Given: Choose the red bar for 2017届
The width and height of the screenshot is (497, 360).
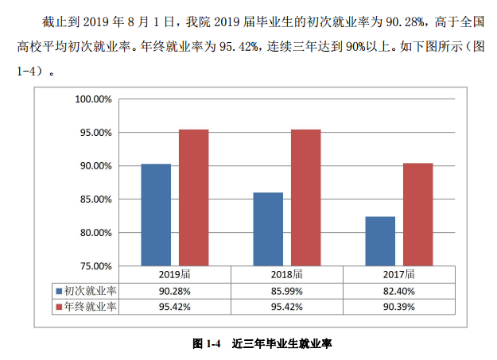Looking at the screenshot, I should (417, 214).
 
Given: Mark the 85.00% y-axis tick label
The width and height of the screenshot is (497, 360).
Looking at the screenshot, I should (95, 199).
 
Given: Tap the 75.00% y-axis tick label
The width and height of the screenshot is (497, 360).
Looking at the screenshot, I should (95, 266).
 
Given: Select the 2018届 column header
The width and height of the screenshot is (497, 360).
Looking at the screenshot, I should (286, 274).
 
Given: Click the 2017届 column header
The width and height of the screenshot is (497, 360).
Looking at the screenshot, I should (398, 274).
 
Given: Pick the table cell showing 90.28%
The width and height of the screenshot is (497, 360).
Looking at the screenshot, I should (174, 291).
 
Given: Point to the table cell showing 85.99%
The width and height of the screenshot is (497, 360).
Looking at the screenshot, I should (286, 291).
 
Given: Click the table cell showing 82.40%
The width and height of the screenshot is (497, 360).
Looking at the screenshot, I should (398, 291).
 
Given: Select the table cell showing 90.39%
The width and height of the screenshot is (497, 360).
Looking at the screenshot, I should (398, 307).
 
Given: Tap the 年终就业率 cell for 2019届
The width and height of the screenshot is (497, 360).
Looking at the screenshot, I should (174, 307).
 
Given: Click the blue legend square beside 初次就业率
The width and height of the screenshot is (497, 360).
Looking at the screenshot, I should (58, 291).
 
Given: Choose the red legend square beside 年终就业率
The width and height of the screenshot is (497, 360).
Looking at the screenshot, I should (58, 307).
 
